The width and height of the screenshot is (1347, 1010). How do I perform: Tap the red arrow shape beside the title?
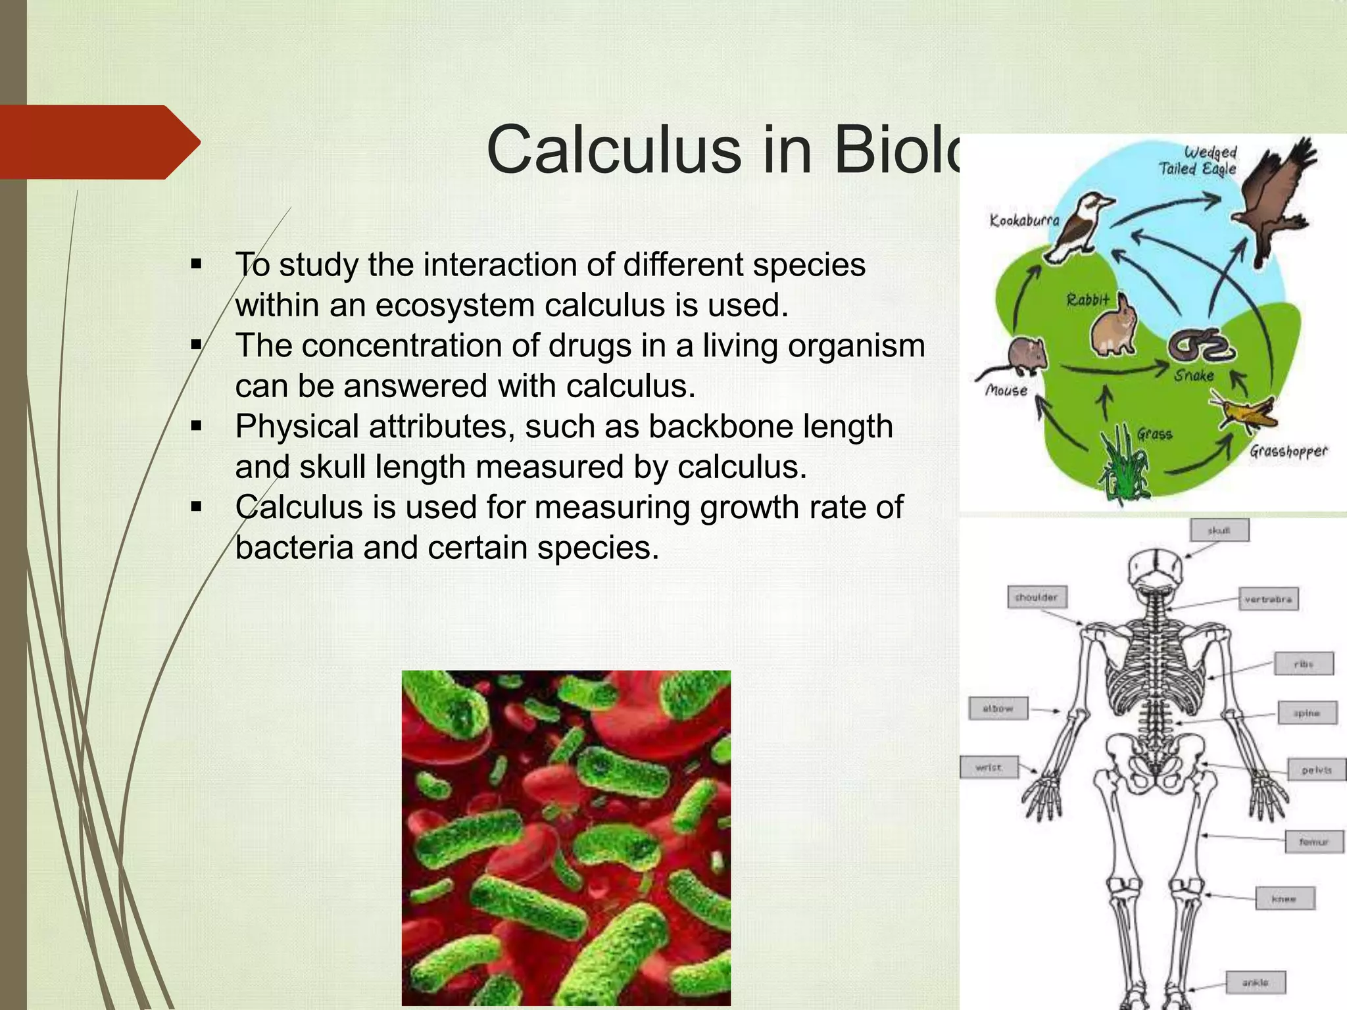[x=99, y=142]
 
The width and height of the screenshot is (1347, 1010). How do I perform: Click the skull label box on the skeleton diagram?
[x=1219, y=530]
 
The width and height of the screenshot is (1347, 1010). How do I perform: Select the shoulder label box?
[x=1037, y=597]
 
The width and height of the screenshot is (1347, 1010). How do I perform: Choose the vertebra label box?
[x=1268, y=599]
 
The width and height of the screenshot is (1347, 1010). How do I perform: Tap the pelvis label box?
[x=1316, y=769]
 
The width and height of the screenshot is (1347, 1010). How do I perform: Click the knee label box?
[x=1284, y=898]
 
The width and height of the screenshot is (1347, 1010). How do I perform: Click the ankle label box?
[x=1255, y=982]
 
